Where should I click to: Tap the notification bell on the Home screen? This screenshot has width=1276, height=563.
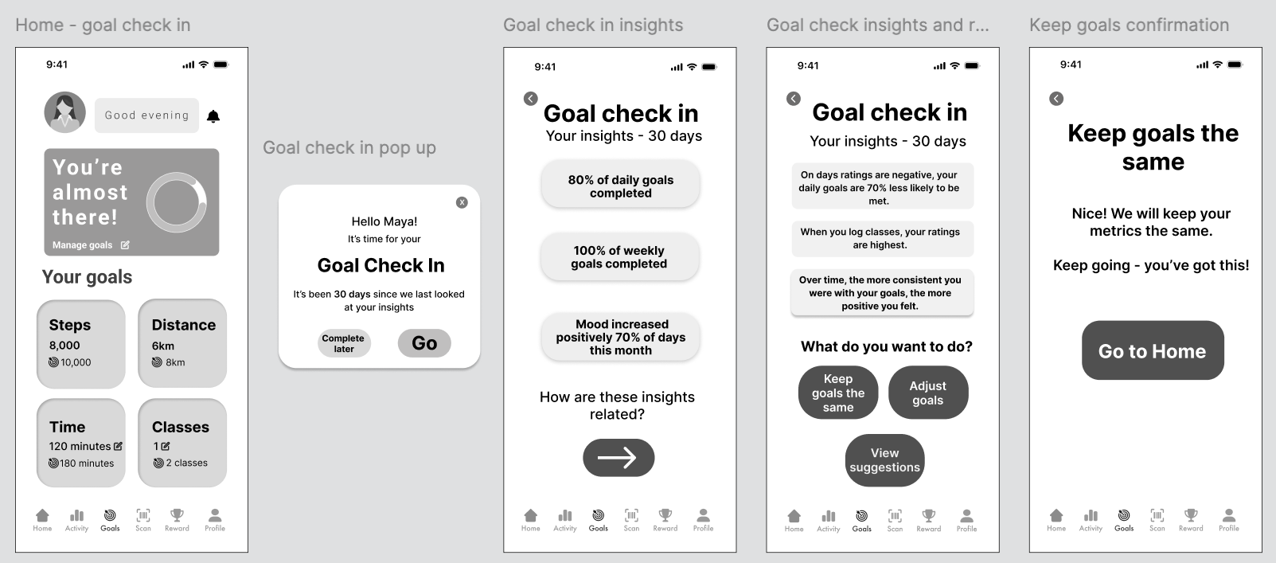[213, 116]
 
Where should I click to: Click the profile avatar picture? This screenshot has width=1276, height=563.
[65, 112]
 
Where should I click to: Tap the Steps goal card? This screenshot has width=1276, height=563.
[81, 344]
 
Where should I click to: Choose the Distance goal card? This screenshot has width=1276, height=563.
[182, 343]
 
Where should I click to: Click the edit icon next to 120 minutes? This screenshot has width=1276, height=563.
[118, 446]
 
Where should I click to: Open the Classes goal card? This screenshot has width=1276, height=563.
[182, 443]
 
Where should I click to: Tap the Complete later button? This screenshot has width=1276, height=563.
[344, 343]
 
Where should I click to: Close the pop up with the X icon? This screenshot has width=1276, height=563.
[462, 202]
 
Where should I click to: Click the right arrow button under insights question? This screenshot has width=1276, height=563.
[618, 458]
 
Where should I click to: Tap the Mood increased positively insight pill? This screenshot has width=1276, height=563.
[620, 338]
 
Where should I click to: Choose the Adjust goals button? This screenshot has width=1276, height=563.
[928, 393]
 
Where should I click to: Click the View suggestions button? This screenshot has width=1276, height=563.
[884, 460]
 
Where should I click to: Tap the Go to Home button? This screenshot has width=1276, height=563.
[1153, 350]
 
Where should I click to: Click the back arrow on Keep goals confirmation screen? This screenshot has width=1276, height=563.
[1056, 99]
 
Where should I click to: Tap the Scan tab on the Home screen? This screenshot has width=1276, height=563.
[143, 520]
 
